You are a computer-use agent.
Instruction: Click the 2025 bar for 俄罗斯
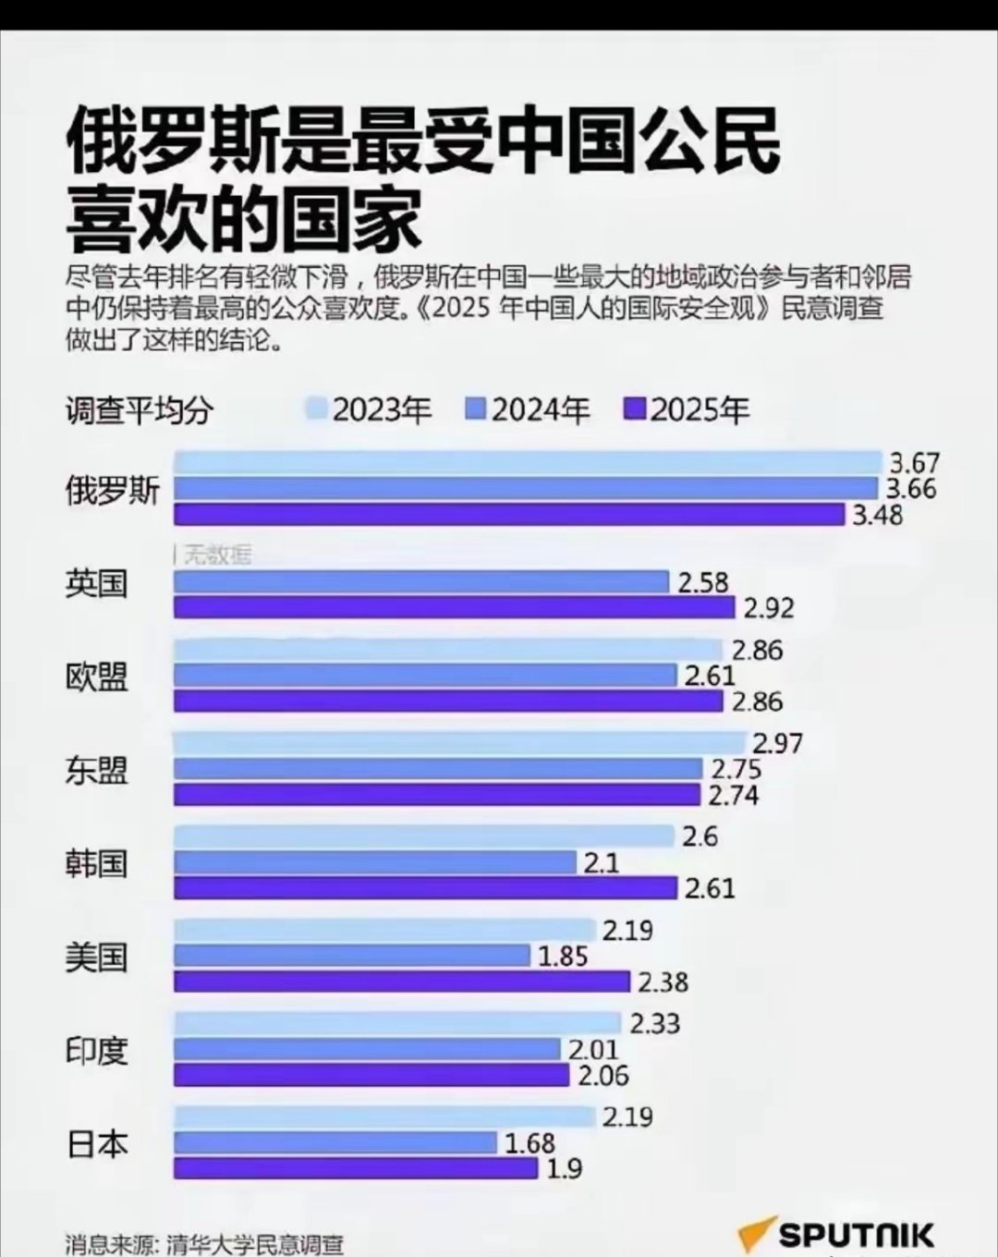click(508, 515)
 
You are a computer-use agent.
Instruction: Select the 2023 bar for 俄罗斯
click(527, 462)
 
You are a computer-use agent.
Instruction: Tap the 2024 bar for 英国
click(420, 582)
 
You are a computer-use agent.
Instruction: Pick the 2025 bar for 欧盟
click(448, 702)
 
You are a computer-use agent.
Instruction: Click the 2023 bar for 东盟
click(459, 743)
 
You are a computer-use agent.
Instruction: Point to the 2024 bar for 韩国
click(374, 862)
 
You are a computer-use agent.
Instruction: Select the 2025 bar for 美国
click(402, 982)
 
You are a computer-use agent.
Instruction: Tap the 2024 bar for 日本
click(335, 1143)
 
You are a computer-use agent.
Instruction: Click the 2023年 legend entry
click(370, 409)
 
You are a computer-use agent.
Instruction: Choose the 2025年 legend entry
click(688, 409)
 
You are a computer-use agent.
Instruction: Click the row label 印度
click(96, 1050)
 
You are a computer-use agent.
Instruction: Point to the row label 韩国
click(96, 863)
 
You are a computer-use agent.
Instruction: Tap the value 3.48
click(877, 515)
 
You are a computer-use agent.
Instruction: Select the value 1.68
click(529, 1143)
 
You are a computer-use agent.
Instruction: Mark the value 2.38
click(663, 982)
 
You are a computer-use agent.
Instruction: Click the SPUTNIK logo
click(836, 1235)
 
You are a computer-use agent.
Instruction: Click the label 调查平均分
click(139, 410)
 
